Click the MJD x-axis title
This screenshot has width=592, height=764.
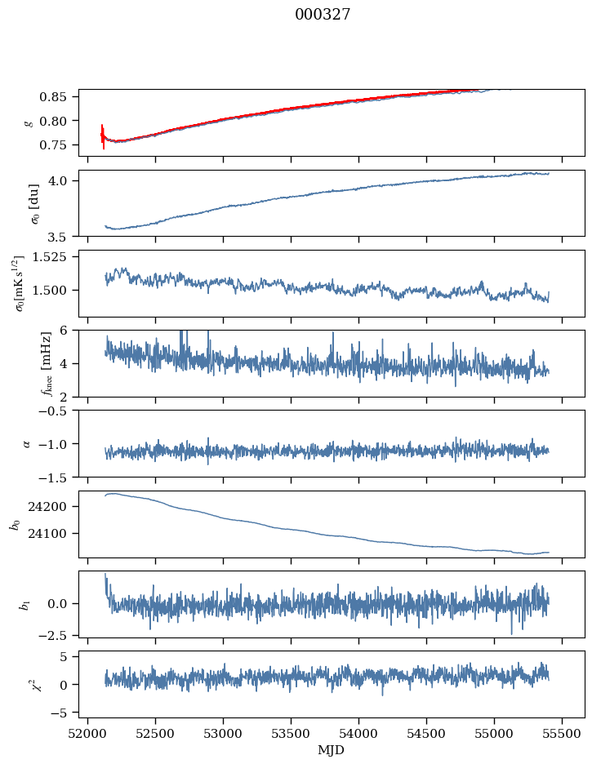point(332,750)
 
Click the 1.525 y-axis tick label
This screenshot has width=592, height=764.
point(56,257)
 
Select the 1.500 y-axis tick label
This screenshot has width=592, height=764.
point(56,291)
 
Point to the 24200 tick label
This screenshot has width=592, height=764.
point(54,507)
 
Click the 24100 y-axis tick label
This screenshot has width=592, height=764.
point(54,534)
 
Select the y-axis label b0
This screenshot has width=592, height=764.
point(15,523)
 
